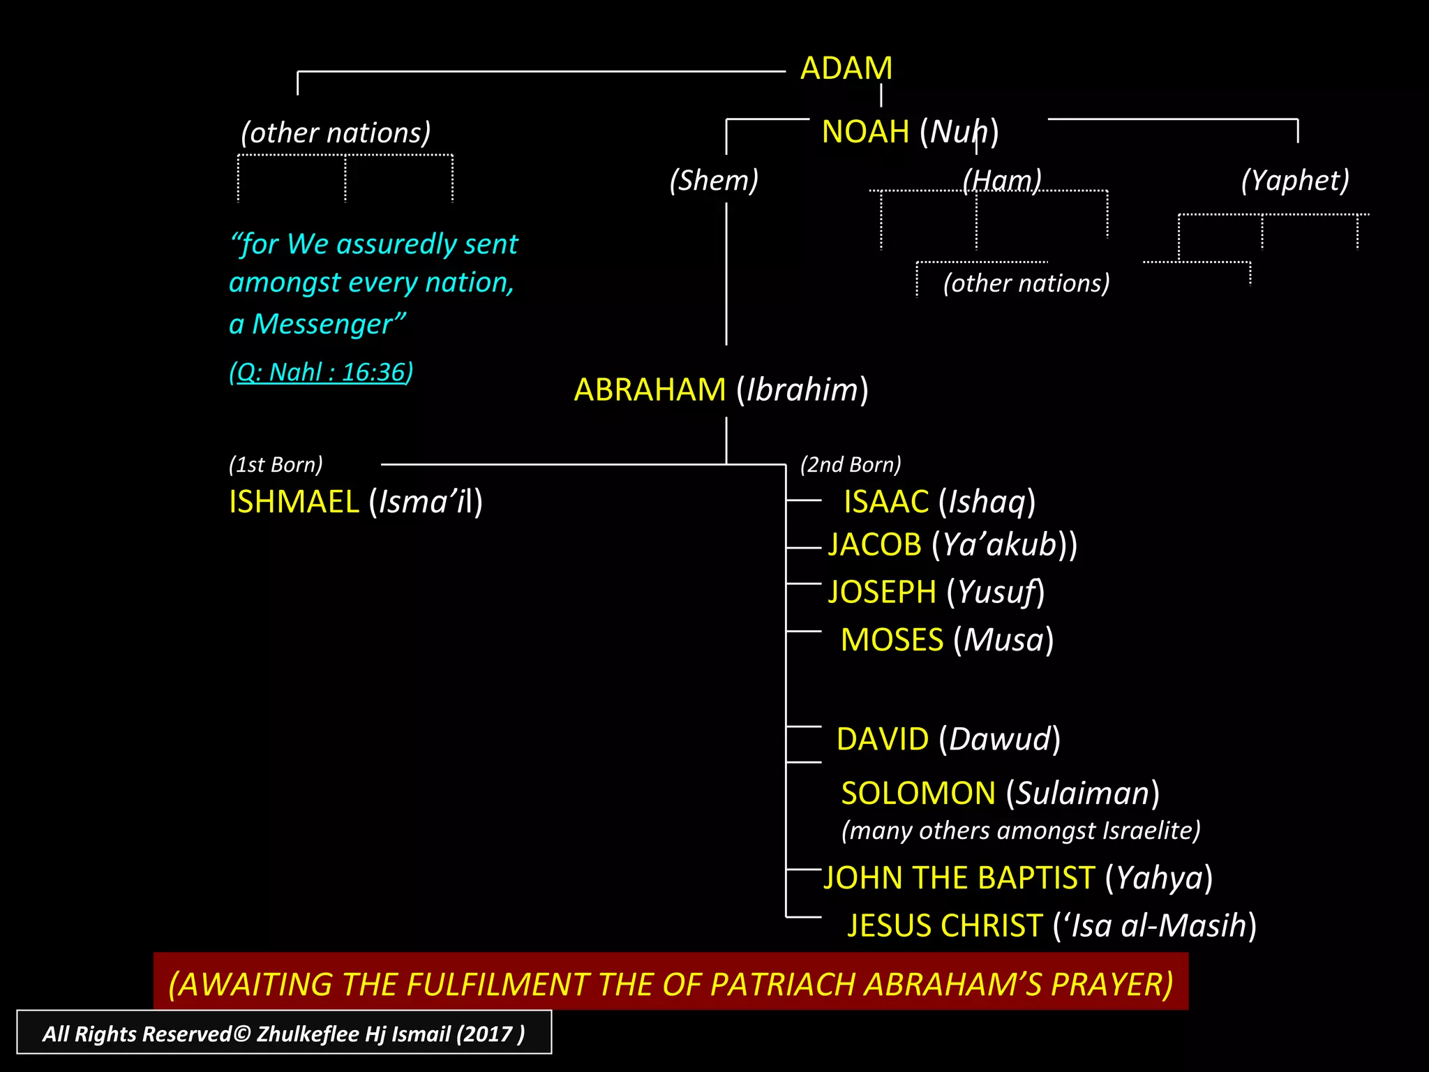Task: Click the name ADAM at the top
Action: (846, 68)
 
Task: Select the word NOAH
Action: (865, 132)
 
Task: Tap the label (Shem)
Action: (714, 181)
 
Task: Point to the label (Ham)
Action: (1002, 181)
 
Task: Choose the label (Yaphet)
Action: (1295, 181)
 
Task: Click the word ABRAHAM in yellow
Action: (650, 390)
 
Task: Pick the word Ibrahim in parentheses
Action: (802, 390)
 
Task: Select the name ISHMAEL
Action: (294, 502)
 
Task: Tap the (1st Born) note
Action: (276, 465)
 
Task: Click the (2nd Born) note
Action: (851, 465)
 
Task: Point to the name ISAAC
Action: (886, 502)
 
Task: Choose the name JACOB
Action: (875, 545)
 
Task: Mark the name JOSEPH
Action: (882, 593)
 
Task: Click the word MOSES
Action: (892, 641)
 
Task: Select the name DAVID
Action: (883, 740)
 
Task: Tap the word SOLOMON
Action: (918, 794)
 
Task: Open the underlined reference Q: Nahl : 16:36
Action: (321, 373)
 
